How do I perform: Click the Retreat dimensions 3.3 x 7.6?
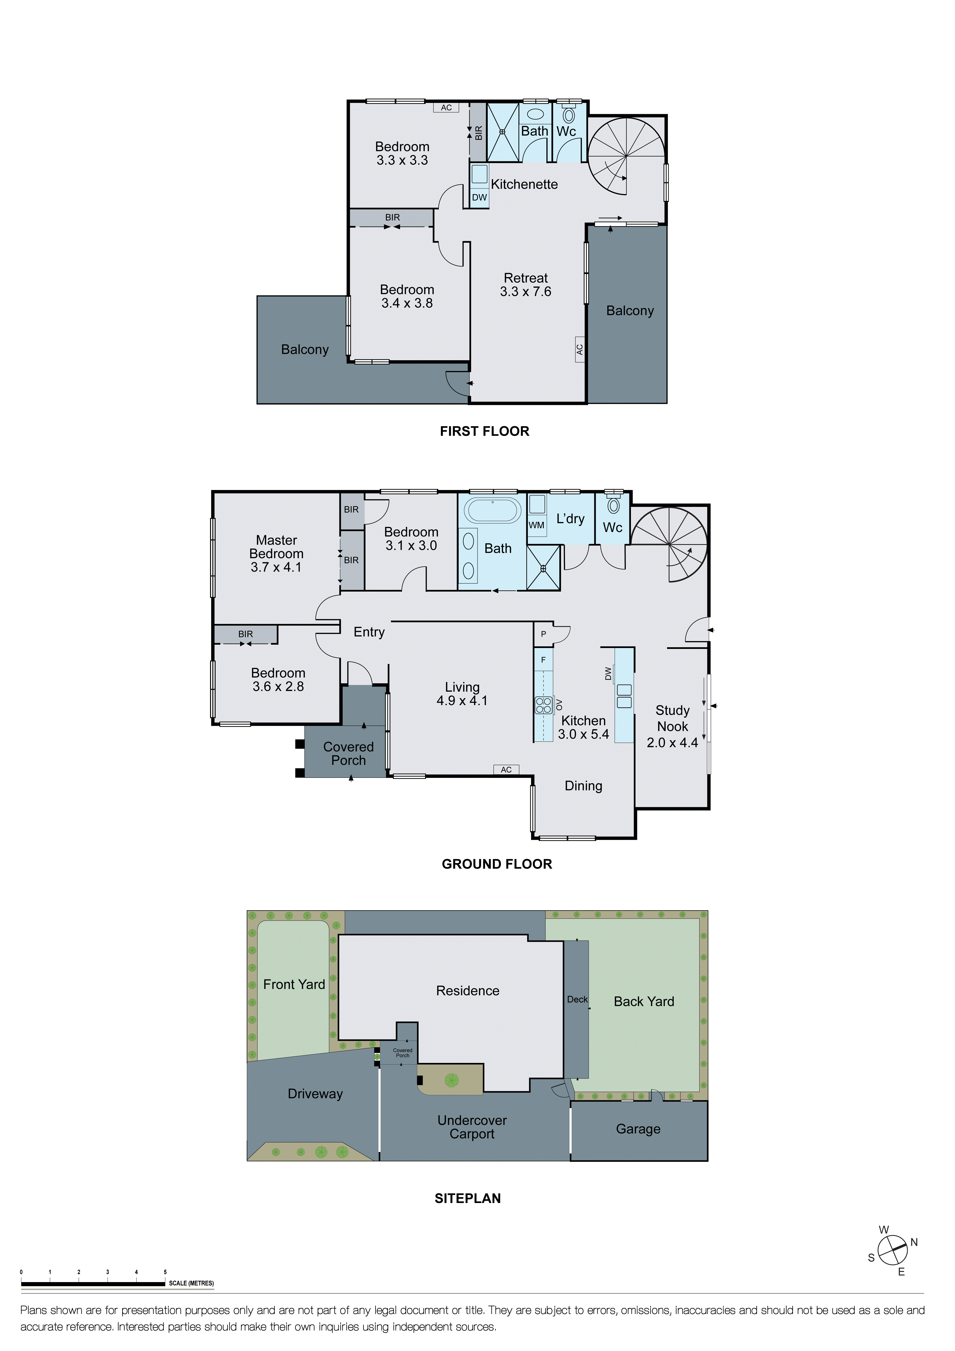(x=525, y=292)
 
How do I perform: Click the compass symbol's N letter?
(x=914, y=1242)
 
